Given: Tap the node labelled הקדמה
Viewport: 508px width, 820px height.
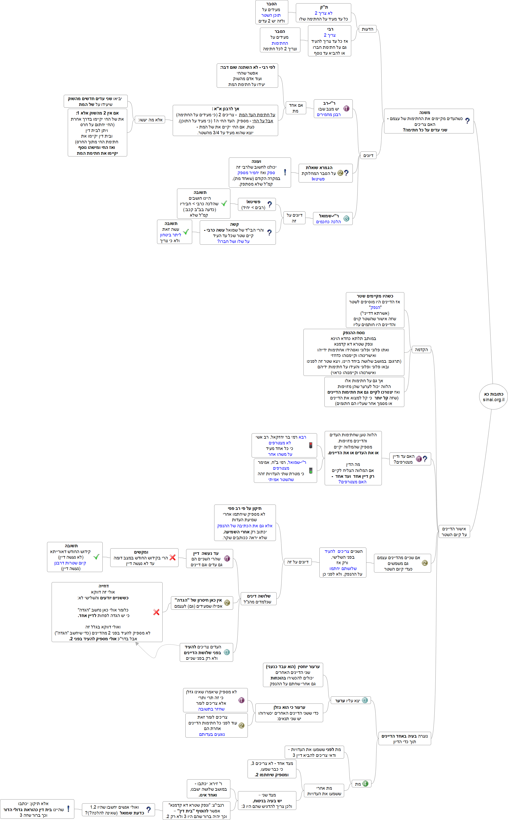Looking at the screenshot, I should pyautogui.click(x=421, y=350).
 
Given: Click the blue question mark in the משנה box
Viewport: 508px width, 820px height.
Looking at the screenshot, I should pyautogui.click(x=467, y=121).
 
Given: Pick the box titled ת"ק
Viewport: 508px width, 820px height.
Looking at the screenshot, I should pyautogui.click(x=323, y=13).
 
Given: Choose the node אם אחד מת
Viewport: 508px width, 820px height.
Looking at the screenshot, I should pyautogui.click(x=296, y=108).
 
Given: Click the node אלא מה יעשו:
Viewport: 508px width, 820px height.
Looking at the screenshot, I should pyautogui.click(x=150, y=120).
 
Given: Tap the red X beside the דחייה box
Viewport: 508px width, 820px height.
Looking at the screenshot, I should pyautogui.click(x=156, y=612).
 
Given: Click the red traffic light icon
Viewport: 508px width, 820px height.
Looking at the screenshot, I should pyautogui.click(x=311, y=445).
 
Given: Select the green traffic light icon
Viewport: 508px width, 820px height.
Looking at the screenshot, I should pyautogui.click(x=311, y=470).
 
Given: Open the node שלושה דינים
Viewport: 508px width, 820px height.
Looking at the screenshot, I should pyautogui.click(x=258, y=599).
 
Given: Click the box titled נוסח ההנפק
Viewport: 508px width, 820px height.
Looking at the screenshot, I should pyautogui.click(x=354, y=352).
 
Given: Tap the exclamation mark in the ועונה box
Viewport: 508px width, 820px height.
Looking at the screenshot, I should pyautogui.click(x=285, y=172).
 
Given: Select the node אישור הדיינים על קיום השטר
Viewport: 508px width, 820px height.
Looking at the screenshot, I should pyautogui.click(x=454, y=532).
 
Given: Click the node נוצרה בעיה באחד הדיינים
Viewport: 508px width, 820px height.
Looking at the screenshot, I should pyautogui.click(x=405, y=739).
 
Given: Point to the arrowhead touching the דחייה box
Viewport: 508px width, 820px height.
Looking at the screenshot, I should pyautogui.click(x=137, y=644).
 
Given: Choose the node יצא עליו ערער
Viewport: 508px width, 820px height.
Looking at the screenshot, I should pyautogui.click(x=350, y=700).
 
